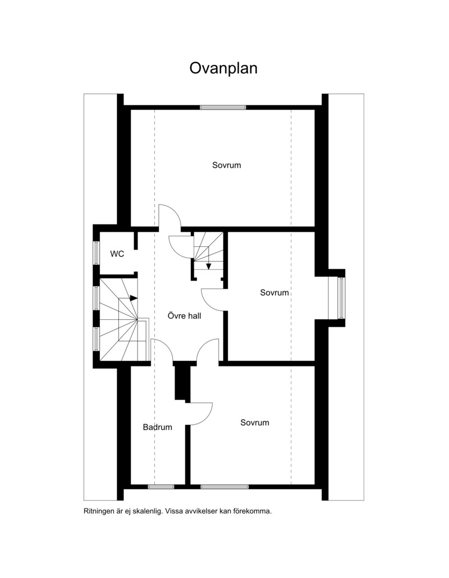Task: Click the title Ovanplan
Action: (223, 68)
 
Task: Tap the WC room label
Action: (117, 254)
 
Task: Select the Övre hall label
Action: (184, 316)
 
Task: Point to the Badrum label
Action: (157, 427)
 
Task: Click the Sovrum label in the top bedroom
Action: (226, 165)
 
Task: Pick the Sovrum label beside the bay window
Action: (274, 293)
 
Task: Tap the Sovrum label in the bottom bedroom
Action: (255, 423)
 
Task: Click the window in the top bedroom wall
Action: (223, 107)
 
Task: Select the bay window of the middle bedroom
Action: (341, 298)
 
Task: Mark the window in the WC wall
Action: (96, 253)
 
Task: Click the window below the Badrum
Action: (161, 487)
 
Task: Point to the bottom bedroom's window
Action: (224, 487)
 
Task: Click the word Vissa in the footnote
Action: (175, 511)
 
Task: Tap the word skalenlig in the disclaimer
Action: (148, 512)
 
